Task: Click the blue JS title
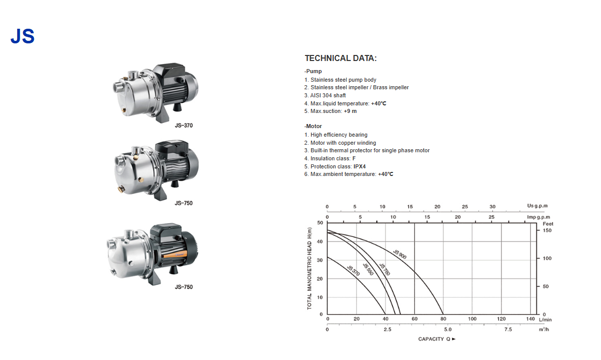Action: point(23,36)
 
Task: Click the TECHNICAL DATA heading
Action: point(340,58)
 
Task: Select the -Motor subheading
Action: point(313,126)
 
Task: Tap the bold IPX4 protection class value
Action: point(359,166)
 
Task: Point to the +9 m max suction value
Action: point(350,111)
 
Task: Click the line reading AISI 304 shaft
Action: point(325,95)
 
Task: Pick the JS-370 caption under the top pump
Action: point(184,126)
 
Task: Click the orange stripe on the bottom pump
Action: point(174,255)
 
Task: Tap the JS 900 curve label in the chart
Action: point(400,254)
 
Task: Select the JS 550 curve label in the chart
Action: point(368,269)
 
